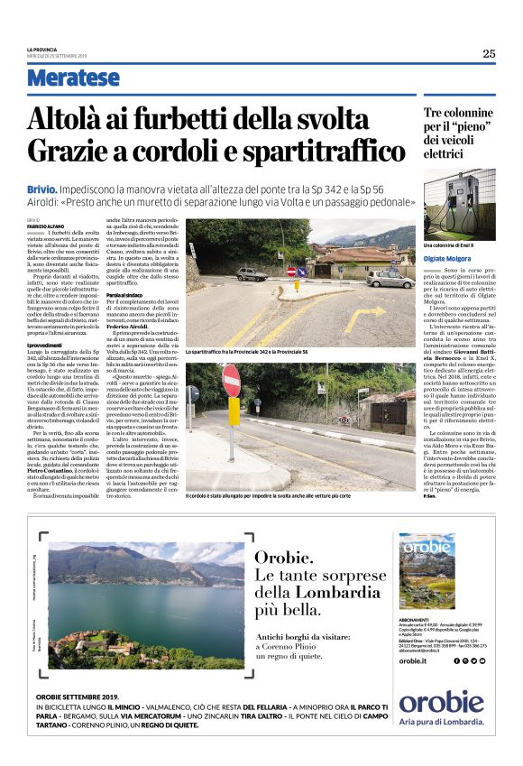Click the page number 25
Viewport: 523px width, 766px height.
point(489,53)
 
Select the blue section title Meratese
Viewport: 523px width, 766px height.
point(73,78)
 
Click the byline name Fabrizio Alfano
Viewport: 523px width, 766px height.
point(45,226)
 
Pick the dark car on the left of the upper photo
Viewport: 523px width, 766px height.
point(252,273)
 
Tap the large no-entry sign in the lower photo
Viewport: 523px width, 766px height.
point(232,381)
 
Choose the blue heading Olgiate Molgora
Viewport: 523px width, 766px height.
point(449,259)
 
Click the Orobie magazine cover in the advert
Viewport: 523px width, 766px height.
point(428,570)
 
